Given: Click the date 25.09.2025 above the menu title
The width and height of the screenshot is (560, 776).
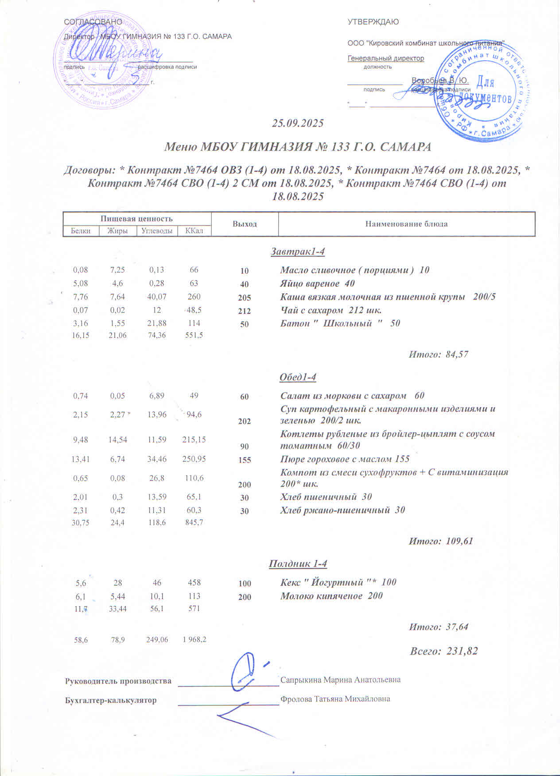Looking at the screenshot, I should pyautogui.click(x=298, y=123).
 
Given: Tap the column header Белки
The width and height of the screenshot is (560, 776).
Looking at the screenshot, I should pyautogui.click(x=81, y=231).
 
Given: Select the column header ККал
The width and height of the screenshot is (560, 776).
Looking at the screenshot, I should pyautogui.click(x=194, y=231).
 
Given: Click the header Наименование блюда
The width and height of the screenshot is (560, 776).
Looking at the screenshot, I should pyautogui.click(x=406, y=224).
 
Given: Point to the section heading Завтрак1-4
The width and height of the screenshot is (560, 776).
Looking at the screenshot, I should pyautogui.click(x=298, y=252).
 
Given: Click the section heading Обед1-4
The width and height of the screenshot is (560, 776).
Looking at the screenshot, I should pyautogui.click(x=298, y=377).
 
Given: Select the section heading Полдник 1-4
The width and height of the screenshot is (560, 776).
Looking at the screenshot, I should pyautogui.click(x=298, y=564).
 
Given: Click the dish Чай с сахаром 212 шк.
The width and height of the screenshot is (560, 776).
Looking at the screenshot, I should pyautogui.click(x=331, y=310).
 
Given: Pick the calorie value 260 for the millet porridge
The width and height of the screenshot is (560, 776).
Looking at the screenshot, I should pyautogui.click(x=194, y=297).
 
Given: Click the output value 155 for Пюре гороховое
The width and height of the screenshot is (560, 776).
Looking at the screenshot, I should pyautogui.click(x=245, y=460).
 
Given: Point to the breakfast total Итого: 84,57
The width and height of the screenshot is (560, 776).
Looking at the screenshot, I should pyautogui.click(x=438, y=354).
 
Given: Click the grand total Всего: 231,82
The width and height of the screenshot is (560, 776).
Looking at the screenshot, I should pyautogui.click(x=444, y=651).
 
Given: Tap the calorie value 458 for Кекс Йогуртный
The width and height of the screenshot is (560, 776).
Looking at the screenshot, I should pyautogui.click(x=194, y=583).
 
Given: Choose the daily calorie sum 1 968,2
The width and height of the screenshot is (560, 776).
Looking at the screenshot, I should pyautogui.click(x=194, y=640).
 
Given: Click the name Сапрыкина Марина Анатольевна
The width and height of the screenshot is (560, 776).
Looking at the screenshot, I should pyautogui.click(x=340, y=680).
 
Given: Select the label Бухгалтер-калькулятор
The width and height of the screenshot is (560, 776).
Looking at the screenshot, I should pyautogui.click(x=111, y=700).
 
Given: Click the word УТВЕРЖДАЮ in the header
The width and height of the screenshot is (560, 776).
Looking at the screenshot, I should pyautogui.click(x=373, y=22).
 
